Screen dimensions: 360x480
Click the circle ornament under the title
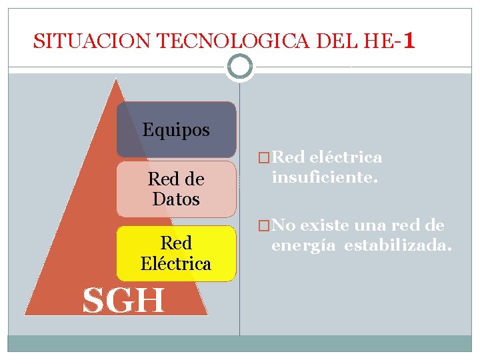(240, 67)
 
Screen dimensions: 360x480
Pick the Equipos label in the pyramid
(176, 130)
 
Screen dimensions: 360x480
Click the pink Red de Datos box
(176, 189)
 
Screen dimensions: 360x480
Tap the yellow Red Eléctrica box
(176, 253)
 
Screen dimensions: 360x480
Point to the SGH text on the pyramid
(123, 301)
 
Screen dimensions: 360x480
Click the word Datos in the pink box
(176, 199)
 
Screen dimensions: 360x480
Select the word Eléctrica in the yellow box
(176, 263)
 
